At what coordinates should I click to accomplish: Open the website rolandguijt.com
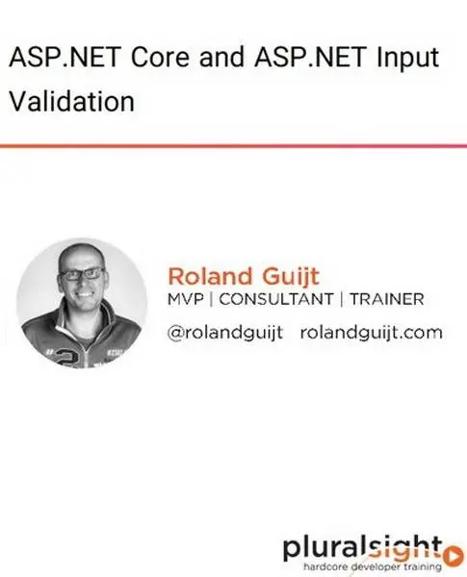[371, 334]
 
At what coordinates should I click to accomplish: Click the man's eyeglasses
[82, 272]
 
